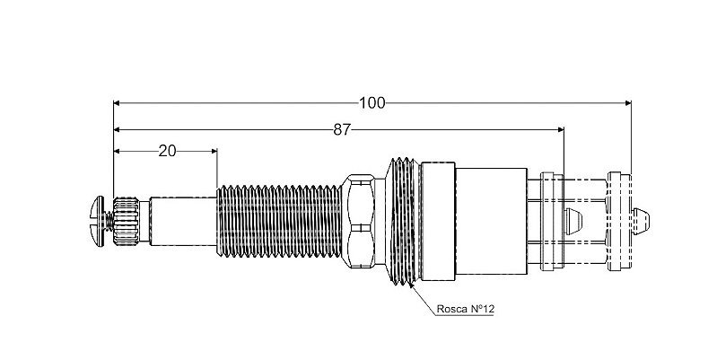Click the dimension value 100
(x=372, y=103)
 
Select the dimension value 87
(x=342, y=130)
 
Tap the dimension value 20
(x=167, y=151)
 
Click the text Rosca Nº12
(x=465, y=309)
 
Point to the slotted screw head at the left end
(x=99, y=221)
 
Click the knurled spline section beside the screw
(x=126, y=222)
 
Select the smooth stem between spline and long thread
(x=183, y=222)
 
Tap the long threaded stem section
(x=278, y=221)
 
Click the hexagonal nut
(x=358, y=221)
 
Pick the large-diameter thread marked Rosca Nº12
(x=402, y=222)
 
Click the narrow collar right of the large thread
(x=438, y=222)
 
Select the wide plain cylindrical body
(x=491, y=222)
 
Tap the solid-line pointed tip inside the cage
(x=573, y=222)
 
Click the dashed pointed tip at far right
(x=641, y=222)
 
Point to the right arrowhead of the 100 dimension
(x=628, y=103)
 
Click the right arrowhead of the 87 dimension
(x=561, y=130)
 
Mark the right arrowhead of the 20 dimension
(x=214, y=151)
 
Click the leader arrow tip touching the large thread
(x=411, y=285)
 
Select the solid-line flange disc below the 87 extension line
(x=552, y=222)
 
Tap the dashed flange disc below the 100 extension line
(x=619, y=222)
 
